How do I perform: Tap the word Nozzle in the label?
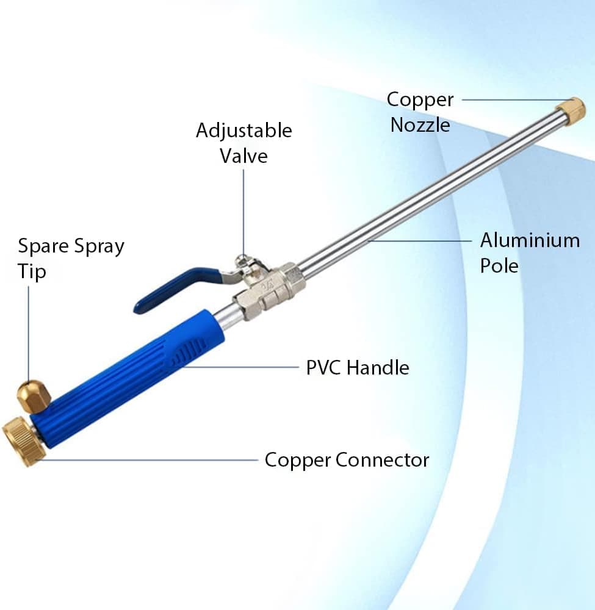[x=420, y=125]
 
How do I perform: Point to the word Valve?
[x=243, y=156]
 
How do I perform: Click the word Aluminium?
[x=530, y=240]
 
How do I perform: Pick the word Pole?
[x=499, y=266]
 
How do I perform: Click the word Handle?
[x=378, y=368]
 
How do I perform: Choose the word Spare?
[x=43, y=246]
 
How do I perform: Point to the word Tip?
[x=32, y=271]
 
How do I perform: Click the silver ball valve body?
[x=268, y=289]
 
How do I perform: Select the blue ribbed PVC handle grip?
[x=128, y=378]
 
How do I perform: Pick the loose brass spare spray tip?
[x=34, y=396]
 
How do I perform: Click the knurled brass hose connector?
[x=24, y=442]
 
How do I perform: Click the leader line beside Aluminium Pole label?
[x=419, y=241]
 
